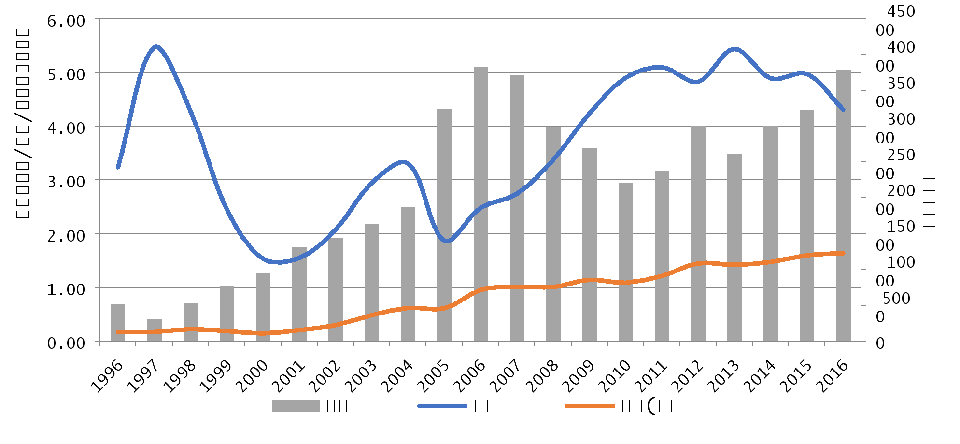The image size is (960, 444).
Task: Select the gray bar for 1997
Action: (155, 330)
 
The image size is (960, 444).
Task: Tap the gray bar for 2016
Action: (843, 206)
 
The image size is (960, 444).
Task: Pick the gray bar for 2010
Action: (626, 262)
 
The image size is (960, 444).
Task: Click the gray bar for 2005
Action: (444, 225)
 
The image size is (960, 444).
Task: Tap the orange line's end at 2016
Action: (843, 253)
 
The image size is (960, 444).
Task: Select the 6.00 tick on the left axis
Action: (66, 21)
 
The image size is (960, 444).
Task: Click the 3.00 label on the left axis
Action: (66, 182)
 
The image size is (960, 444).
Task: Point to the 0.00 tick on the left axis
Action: (66, 343)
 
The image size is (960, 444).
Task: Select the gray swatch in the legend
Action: (296, 406)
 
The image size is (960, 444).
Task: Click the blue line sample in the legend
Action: (442, 406)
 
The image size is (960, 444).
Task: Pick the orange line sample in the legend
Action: (590, 406)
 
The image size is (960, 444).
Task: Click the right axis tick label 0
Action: (880, 343)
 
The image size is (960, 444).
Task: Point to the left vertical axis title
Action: (23, 123)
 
